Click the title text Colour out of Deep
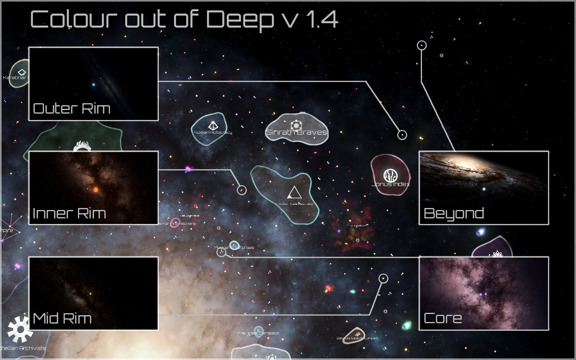[x=152, y=19]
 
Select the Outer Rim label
[x=72, y=108]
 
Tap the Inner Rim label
[x=69, y=213]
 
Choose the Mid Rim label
[x=62, y=318]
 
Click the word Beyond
[x=454, y=214]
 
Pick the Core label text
[x=443, y=318]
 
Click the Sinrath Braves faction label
[x=296, y=132]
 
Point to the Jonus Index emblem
[x=390, y=175]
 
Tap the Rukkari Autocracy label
[x=213, y=132]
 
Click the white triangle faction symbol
[x=294, y=193]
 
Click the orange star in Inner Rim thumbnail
[x=96, y=190]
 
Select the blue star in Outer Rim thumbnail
[x=94, y=85]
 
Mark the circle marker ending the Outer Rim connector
[x=402, y=135]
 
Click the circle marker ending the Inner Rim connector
[x=242, y=190]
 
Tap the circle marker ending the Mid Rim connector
[x=383, y=278]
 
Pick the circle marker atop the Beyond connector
[x=422, y=45]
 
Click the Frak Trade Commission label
[x=258, y=333]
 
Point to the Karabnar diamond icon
[x=22, y=72]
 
